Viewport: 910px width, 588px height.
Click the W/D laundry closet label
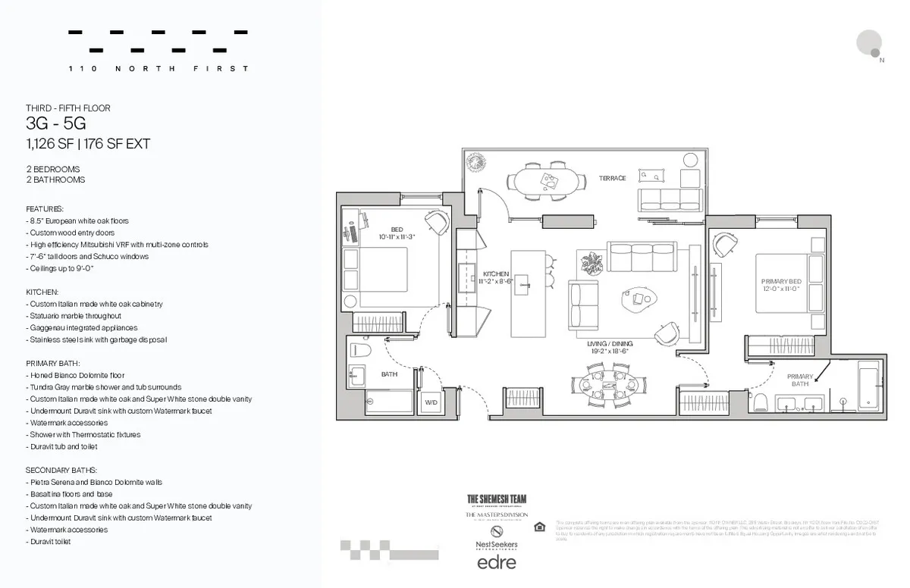coord(431,402)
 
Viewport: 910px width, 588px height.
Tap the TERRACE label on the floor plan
coord(612,178)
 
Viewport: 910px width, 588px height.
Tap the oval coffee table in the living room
coord(641,299)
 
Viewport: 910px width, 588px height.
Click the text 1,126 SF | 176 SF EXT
coord(88,144)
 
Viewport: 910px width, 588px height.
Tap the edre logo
coord(496,561)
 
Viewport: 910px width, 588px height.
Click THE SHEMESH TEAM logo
coord(496,499)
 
